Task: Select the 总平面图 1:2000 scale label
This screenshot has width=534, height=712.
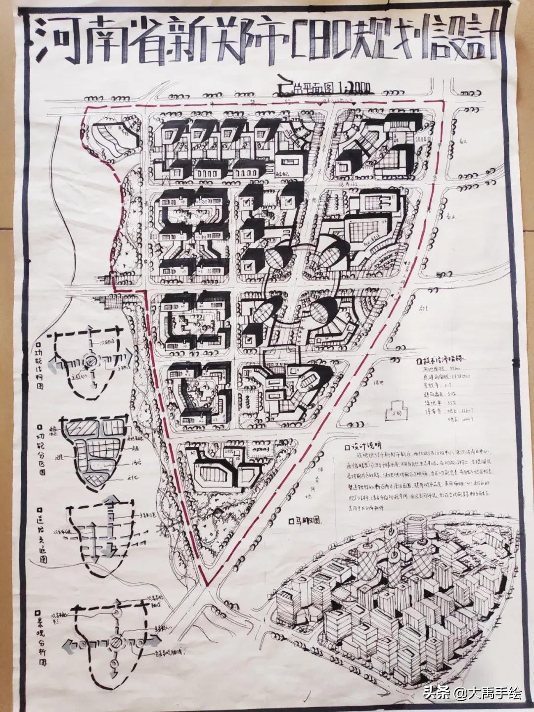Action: coord(329,90)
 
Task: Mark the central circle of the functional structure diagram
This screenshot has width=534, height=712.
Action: coord(89,362)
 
